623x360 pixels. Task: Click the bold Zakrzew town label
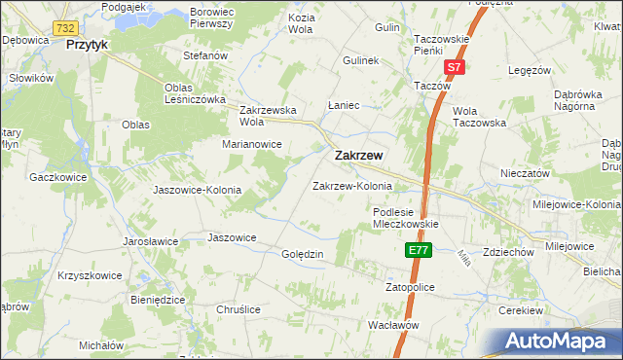pos(357,155)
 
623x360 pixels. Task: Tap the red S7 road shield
pos(454,67)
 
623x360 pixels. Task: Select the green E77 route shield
pos(418,251)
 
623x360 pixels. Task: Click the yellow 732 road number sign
pos(66,30)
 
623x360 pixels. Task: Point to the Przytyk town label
pos(87,45)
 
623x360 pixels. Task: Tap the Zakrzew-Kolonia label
pos(351,186)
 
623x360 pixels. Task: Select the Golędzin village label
pos(302,253)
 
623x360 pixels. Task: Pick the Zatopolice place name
pos(409,289)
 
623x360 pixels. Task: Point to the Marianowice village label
pos(251,144)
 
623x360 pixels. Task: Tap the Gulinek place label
pos(360,60)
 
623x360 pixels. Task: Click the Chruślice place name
pos(238,308)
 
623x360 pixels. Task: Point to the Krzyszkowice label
pos(90,275)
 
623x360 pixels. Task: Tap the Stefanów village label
pos(205,55)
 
